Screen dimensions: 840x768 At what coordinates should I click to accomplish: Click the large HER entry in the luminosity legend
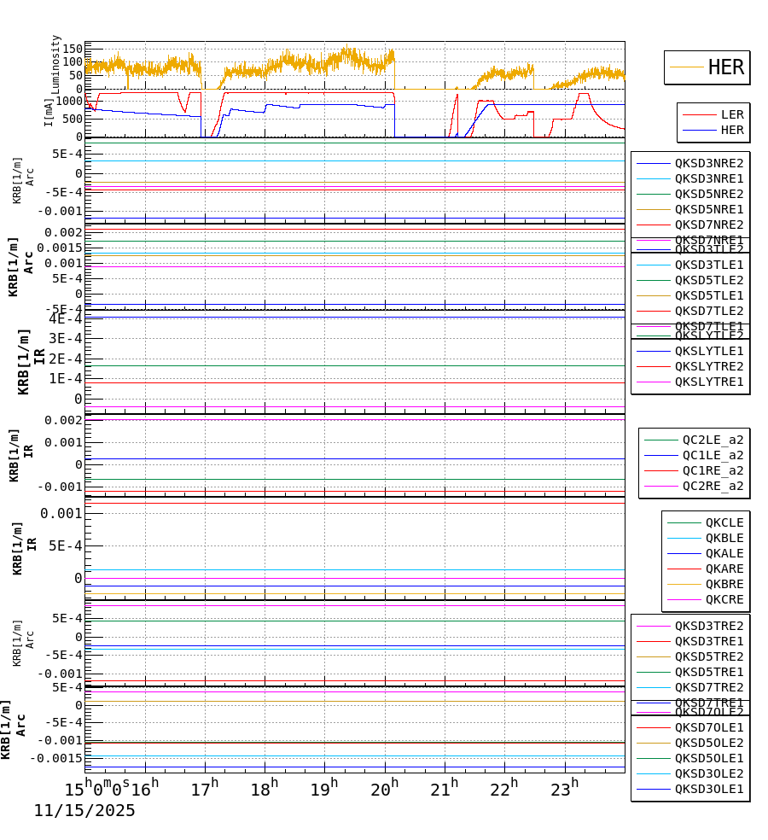[725, 67]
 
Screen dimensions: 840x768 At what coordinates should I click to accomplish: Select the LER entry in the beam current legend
[731, 114]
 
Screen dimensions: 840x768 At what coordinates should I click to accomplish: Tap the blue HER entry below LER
[731, 130]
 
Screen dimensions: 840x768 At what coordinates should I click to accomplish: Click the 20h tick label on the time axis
[384, 790]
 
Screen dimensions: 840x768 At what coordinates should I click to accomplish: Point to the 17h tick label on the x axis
[205, 790]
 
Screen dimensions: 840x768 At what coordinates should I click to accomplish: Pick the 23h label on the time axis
[564, 790]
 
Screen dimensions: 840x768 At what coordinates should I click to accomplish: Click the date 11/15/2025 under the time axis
[84, 811]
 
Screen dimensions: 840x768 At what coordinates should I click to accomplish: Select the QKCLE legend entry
[724, 522]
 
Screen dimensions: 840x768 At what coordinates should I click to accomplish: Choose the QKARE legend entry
[724, 569]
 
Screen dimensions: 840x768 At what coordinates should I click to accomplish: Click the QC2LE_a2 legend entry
[713, 440]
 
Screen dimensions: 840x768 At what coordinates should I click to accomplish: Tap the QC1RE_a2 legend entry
[713, 470]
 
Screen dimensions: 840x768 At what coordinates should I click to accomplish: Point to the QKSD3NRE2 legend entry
[708, 163]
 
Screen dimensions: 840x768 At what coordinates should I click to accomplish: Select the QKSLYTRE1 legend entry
[708, 382]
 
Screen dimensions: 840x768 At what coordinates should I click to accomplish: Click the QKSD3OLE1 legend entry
[708, 789]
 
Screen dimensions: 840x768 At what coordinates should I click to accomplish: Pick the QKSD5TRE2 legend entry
[708, 656]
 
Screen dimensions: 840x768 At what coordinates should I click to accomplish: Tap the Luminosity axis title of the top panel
[55, 64]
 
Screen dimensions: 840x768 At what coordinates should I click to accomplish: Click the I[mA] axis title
[49, 112]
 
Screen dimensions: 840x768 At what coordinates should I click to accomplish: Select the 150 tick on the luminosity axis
[72, 48]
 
